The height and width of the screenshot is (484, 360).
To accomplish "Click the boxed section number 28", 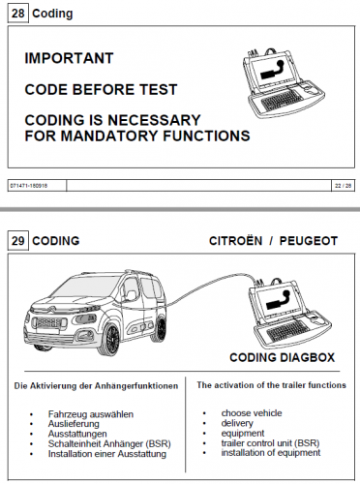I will (x=17, y=15).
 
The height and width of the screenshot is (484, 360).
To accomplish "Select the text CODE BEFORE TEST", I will (x=101, y=90).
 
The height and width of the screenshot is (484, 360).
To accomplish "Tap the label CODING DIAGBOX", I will (x=281, y=356).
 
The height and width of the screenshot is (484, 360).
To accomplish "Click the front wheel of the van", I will (x=115, y=339).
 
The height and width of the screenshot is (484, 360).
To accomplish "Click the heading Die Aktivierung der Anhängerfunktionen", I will (x=95, y=385).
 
